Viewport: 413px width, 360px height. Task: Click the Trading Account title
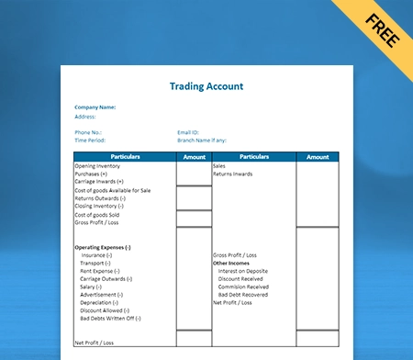click(x=206, y=86)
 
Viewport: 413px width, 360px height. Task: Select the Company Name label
click(x=95, y=107)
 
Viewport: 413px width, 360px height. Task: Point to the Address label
click(x=84, y=117)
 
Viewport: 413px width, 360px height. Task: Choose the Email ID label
click(x=189, y=132)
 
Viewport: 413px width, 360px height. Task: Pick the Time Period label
click(x=91, y=140)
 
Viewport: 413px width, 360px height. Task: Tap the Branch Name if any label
click(x=201, y=140)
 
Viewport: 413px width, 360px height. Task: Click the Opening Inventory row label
click(x=97, y=166)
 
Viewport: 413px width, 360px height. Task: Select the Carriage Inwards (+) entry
click(x=99, y=181)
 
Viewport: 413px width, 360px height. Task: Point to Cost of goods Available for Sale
click(x=113, y=190)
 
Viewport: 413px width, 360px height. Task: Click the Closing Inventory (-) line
click(x=99, y=206)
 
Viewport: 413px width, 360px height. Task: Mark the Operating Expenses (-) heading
click(x=103, y=247)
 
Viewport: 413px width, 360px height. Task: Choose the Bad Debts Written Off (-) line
click(x=112, y=318)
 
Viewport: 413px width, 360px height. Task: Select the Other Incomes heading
click(x=230, y=263)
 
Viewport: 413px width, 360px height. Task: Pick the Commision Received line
click(x=243, y=286)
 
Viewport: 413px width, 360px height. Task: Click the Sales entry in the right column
click(x=219, y=166)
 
